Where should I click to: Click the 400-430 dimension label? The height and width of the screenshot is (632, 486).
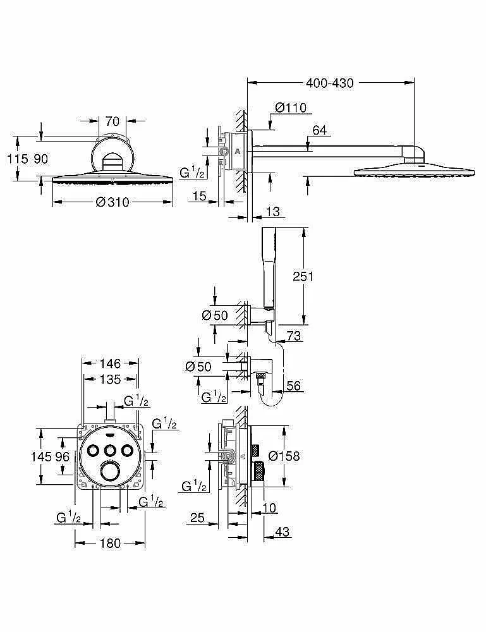click(329, 83)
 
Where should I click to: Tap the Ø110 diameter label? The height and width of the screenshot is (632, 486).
click(291, 107)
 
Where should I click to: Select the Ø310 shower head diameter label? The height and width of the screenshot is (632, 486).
click(112, 202)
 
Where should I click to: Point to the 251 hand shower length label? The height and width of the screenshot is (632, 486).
click(303, 277)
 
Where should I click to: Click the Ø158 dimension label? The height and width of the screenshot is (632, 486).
click(284, 456)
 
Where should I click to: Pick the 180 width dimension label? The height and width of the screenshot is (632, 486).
click(110, 544)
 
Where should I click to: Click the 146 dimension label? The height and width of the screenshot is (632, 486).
click(110, 363)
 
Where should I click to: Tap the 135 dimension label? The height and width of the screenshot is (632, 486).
click(110, 379)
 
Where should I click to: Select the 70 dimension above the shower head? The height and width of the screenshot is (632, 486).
click(112, 121)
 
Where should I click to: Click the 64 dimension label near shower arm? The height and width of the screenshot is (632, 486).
click(319, 130)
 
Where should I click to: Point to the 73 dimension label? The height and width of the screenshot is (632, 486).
click(294, 336)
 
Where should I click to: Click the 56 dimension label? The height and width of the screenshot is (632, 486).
click(293, 386)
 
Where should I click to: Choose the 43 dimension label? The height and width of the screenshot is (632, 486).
click(282, 532)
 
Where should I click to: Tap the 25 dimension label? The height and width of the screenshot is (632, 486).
click(197, 518)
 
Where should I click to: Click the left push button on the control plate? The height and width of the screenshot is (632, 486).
click(93, 450)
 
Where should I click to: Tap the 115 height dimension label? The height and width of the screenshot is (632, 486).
click(18, 159)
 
